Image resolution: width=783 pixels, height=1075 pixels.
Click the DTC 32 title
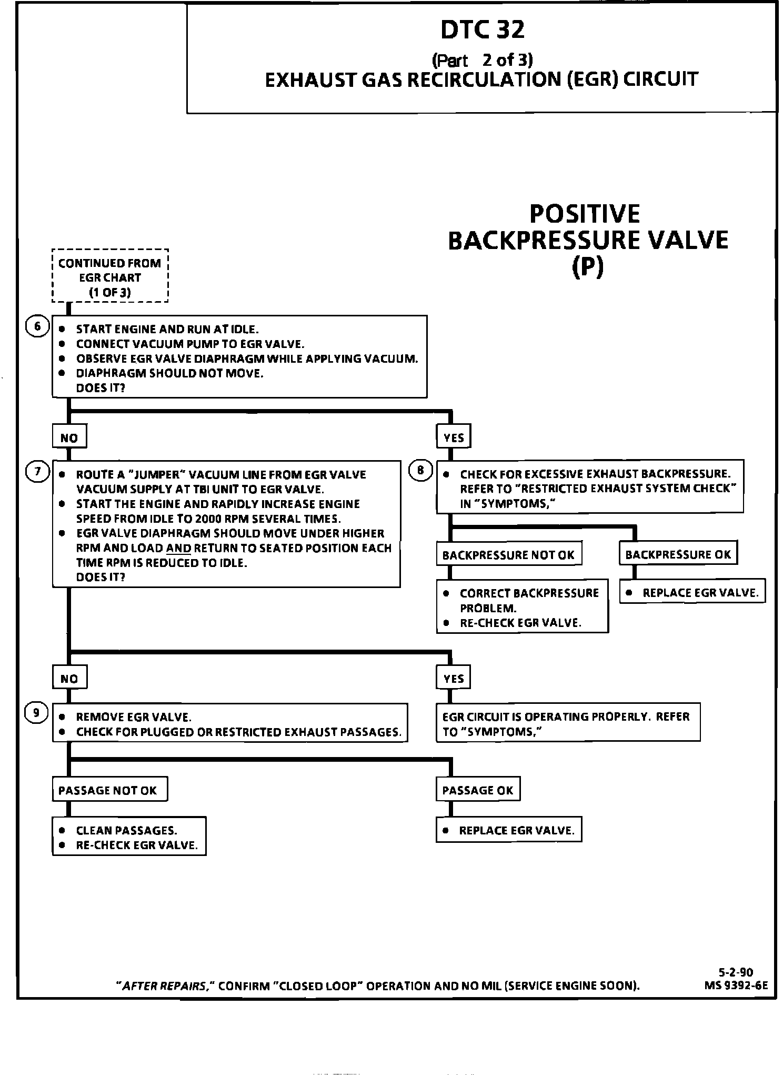(x=482, y=29)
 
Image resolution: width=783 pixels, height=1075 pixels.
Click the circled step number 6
(x=37, y=326)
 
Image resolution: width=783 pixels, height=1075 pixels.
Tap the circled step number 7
(x=37, y=472)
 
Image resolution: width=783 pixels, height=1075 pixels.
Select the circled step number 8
(x=420, y=471)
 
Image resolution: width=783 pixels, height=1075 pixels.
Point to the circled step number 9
(x=37, y=713)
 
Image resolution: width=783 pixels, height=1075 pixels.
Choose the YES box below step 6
(x=454, y=437)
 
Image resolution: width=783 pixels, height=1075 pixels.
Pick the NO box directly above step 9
(x=69, y=678)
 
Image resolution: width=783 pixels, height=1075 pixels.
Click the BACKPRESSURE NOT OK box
(x=508, y=555)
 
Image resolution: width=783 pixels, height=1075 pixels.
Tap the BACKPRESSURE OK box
(x=678, y=554)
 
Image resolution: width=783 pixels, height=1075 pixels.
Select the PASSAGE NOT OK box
(x=109, y=790)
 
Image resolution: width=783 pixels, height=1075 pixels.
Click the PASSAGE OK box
(x=478, y=790)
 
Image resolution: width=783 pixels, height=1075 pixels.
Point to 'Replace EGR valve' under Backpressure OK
(x=692, y=593)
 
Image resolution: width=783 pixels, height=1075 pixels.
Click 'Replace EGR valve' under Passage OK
(x=509, y=830)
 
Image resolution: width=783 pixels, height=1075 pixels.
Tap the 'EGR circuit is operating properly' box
(x=568, y=723)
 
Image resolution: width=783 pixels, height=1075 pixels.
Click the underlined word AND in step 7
(x=178, y=549)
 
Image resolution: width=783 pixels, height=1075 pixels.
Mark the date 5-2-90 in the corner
(x=736, y=972)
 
